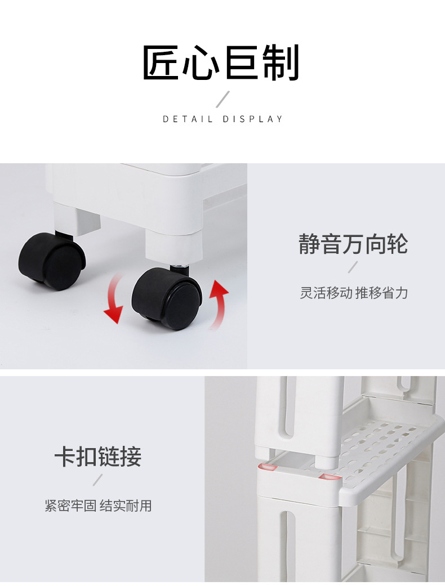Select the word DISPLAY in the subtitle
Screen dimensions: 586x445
click(253, 119)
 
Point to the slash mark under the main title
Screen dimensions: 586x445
click(223, 99)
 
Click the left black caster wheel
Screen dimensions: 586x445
click(52, 261)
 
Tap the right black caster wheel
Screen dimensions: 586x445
click(167, 298)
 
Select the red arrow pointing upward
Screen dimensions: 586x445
click(219, 304)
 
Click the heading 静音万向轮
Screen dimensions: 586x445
click(353, 245)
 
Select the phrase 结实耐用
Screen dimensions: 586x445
click(126, 506)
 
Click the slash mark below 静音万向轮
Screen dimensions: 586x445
click(353, 267)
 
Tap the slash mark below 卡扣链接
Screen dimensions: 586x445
click(98, 480)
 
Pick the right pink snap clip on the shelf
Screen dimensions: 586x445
click(330, 477)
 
